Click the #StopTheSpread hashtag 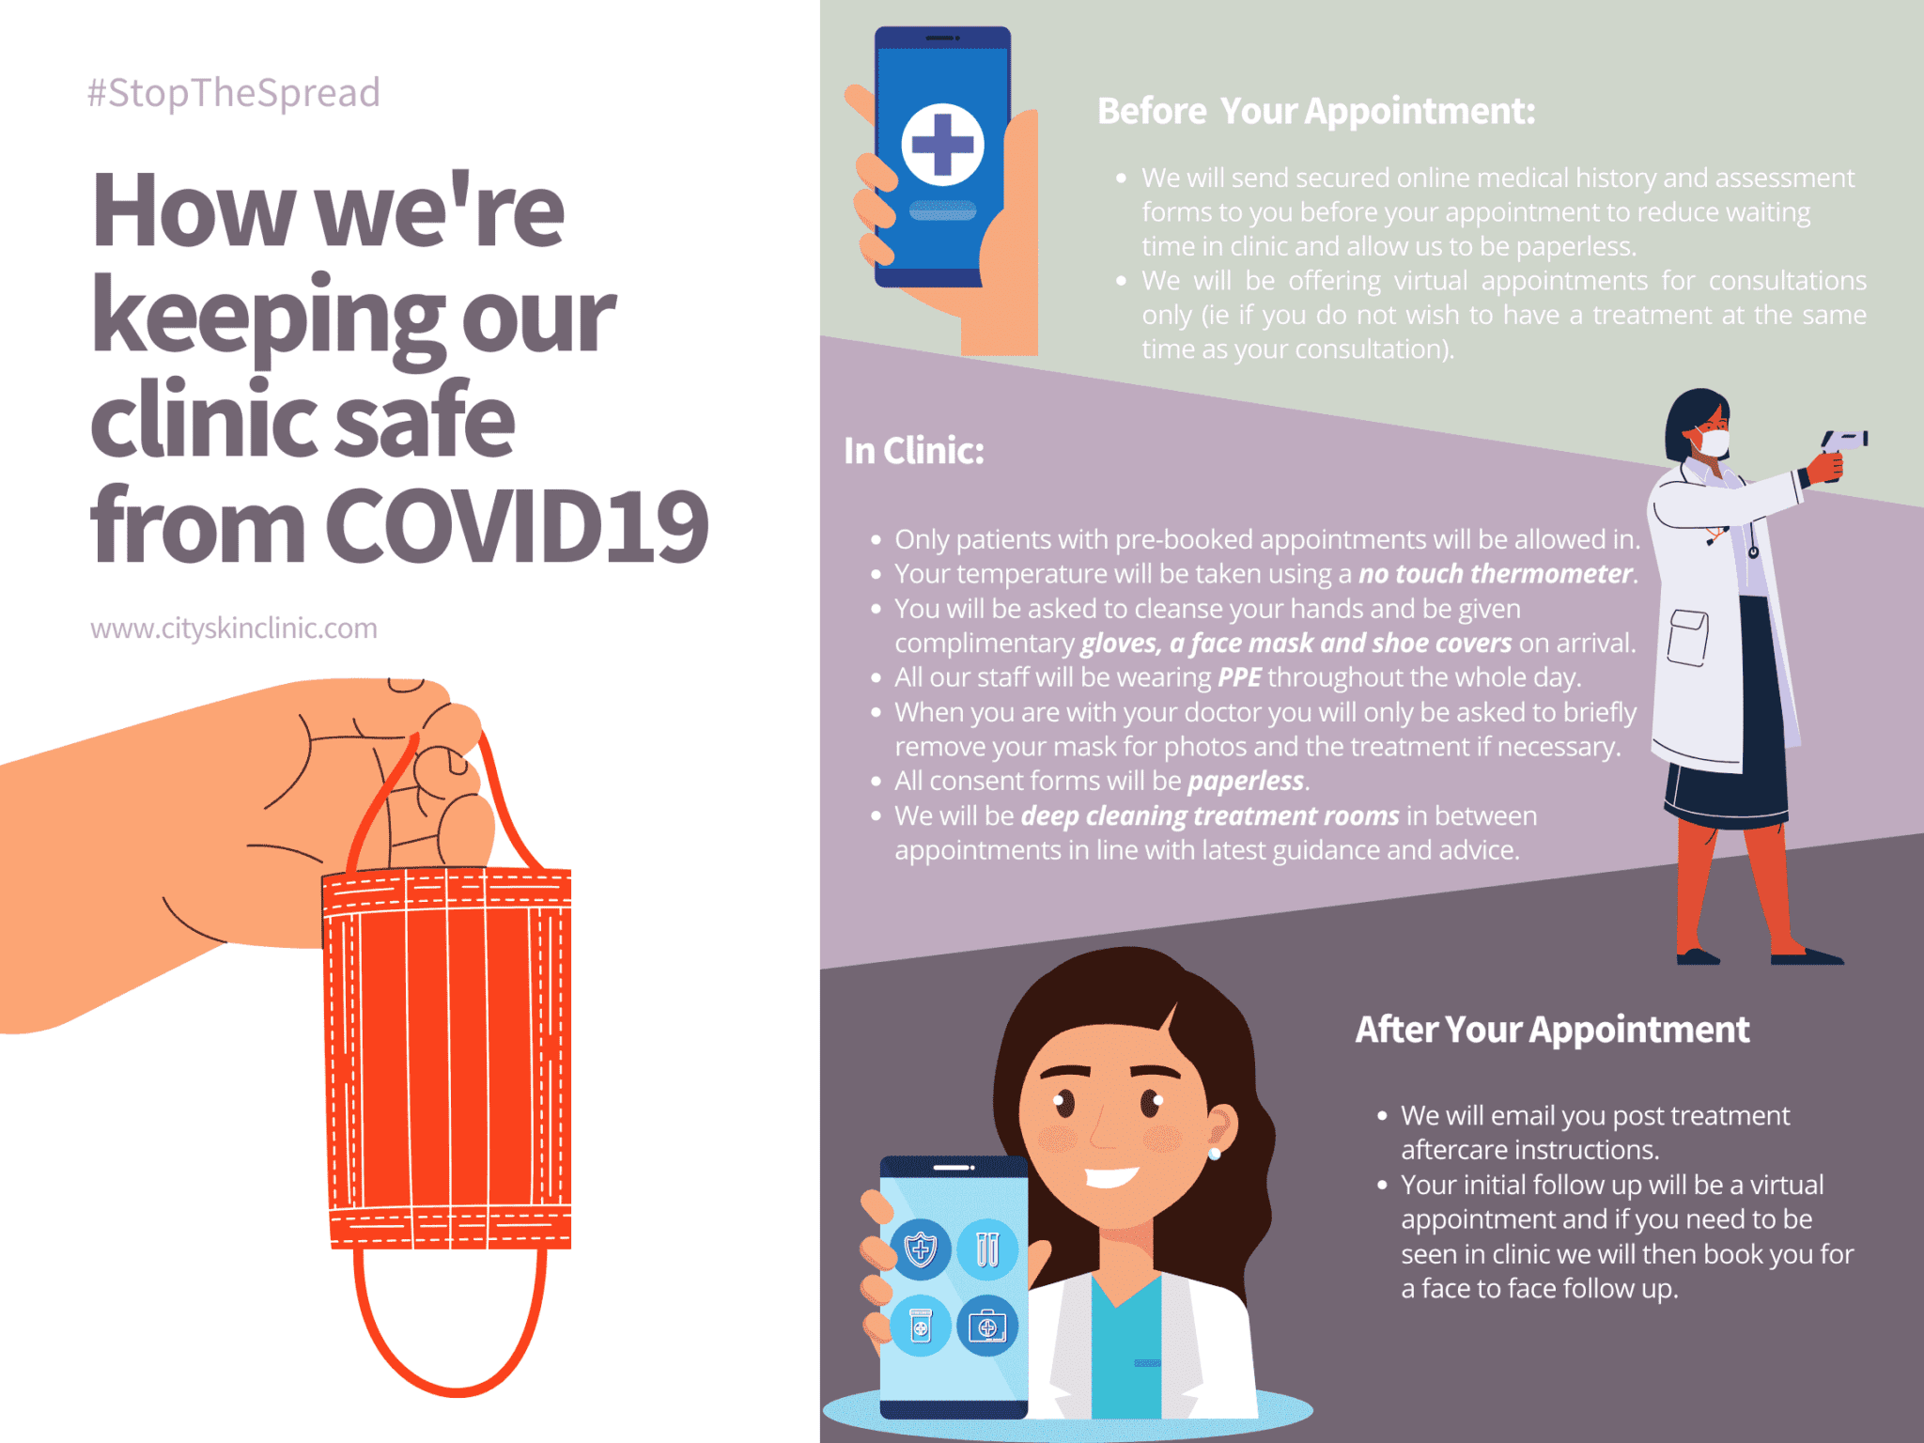coord(234,93)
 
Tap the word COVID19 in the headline coord(517,525)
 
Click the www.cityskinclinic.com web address coord(234,628)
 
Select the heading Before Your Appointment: coord(1316,111)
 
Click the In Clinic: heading coord(913,451)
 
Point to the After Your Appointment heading coord(1552,1030)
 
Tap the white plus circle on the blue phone coord(942,145)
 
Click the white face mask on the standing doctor coord(1712,442)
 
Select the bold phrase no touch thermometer coord(1496,573)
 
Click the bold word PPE coord(1239,677)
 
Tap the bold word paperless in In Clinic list coord(1246,782)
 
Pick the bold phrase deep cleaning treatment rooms coord(1210,815)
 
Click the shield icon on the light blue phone coord(921,1249)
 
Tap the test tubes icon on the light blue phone coord(987,1249)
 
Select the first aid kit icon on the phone coord(987,1327)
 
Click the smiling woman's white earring coord(1215,1154)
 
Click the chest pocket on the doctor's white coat coord(1687,638)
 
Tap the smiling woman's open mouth coord(1111,1176)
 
